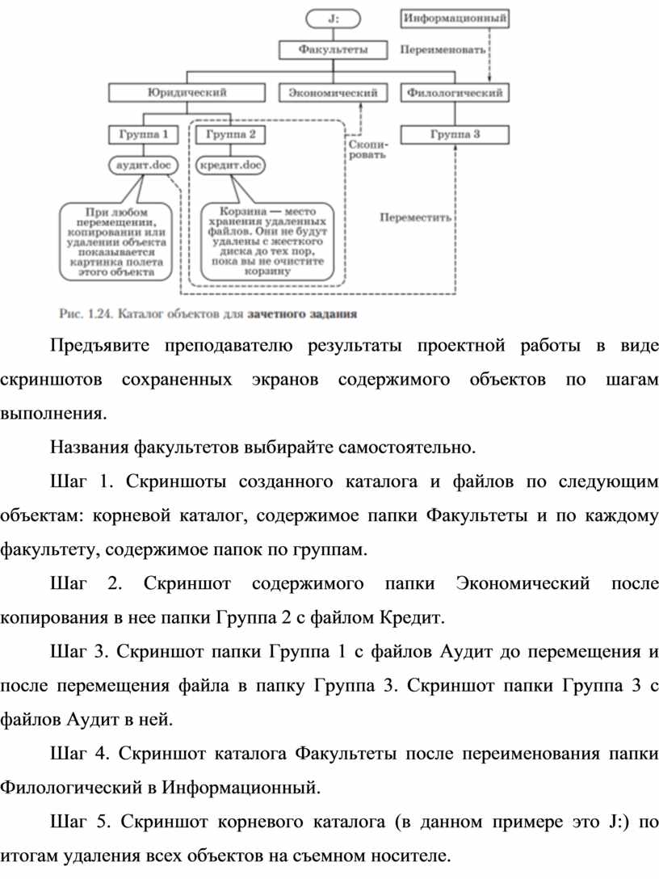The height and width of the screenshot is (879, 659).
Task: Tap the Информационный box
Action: (456, 16)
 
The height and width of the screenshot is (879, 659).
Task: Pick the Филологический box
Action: (455, 93)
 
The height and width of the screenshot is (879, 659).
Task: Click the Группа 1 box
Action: (142, 134)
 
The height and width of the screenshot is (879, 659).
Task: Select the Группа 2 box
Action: (231, 134)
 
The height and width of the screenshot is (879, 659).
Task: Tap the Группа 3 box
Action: (455, 134)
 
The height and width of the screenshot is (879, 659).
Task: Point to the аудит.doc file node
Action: (142, 166)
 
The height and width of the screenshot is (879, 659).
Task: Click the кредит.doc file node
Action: (231, 166)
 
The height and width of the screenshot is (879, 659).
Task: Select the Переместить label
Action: (416, 217)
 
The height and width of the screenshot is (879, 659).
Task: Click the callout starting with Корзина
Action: (265, 239)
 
